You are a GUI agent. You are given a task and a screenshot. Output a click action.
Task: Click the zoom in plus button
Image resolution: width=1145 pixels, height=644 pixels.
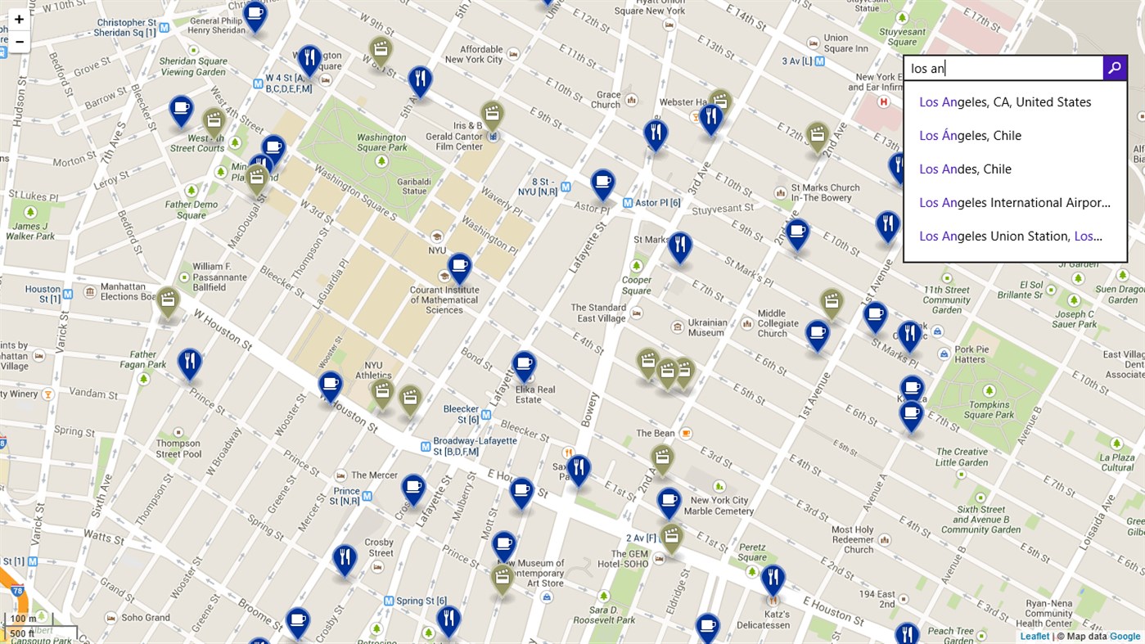point(19,19)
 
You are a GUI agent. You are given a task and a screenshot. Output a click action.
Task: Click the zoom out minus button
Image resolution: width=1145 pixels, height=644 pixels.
point(19,41)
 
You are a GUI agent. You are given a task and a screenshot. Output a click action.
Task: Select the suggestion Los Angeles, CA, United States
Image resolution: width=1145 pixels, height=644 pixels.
point(1005,102)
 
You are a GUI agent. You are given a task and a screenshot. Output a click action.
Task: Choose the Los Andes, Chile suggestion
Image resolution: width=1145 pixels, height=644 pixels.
point(965,169)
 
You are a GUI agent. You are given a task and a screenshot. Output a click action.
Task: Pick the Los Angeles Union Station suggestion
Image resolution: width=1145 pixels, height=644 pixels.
point(1011,236)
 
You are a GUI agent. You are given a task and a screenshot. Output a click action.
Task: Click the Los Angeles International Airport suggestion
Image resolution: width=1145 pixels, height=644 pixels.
point(1014,203)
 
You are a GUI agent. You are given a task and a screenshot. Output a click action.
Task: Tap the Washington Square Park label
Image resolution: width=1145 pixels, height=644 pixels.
point(381,142)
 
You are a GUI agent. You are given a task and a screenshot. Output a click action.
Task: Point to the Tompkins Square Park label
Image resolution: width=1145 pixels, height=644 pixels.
point(989,409)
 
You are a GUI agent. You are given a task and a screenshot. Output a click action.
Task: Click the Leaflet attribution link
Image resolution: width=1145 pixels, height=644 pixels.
point(1034,637)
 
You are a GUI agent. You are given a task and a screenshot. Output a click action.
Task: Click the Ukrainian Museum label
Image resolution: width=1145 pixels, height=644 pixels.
point(705,327)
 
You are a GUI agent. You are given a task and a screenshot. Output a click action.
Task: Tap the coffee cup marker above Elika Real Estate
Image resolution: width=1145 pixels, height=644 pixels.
point(524,365)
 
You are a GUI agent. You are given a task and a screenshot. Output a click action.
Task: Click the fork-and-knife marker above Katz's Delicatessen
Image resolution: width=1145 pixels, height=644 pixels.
point(773,579)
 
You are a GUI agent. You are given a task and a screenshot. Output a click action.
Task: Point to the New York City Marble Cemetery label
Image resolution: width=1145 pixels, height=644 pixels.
point(719,506)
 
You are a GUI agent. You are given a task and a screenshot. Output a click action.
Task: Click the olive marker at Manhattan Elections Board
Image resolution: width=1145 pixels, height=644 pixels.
point(168,301)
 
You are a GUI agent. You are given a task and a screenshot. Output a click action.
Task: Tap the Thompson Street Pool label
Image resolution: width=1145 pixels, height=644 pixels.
point(178,448)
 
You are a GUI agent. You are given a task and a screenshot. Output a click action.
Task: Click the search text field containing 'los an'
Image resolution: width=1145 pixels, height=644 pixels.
point(1003,69)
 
